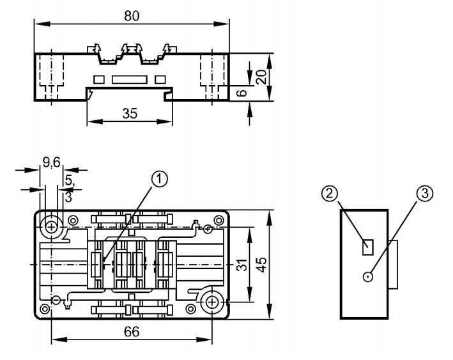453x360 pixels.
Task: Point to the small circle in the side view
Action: (x=367, y=277)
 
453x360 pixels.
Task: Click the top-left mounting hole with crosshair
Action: (x=51, y=225)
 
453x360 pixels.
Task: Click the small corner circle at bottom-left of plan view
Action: (x=44, y=309)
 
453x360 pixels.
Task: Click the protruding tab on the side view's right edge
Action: (x=394, y=264)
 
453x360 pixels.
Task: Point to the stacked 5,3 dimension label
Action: (x=69, y=191)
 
